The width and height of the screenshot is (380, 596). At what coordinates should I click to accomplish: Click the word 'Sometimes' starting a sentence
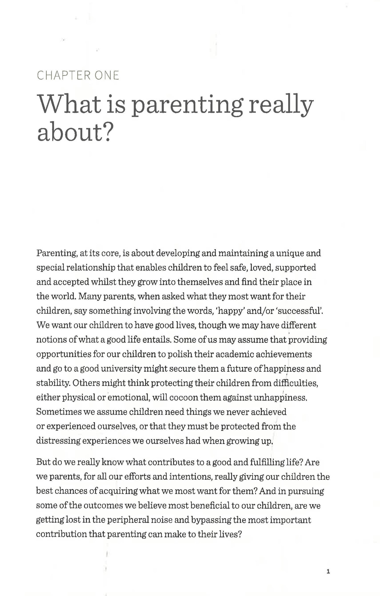59,412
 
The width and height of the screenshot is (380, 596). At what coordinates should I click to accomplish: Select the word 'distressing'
58,441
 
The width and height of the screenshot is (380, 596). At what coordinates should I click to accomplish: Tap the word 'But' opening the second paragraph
43,462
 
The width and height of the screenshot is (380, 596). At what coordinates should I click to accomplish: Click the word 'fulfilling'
267,462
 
